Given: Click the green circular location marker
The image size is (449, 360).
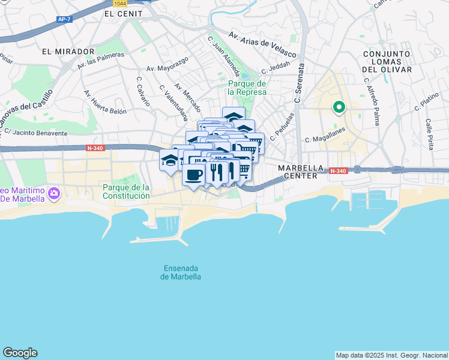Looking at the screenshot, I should point(339,108).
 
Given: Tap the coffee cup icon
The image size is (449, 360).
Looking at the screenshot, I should point(193,175).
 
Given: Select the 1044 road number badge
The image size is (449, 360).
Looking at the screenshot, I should point(120,3).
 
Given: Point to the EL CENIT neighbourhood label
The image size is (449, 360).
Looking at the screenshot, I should point(123,13).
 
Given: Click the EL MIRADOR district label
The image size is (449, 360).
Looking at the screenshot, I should point(68,52).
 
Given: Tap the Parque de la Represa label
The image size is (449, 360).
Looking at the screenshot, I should point(247,88).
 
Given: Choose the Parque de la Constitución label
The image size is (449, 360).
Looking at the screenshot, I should point(125,191).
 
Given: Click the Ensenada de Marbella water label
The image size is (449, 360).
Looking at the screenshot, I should point(181,272).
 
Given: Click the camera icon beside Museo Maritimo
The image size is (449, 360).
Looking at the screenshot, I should point(55,194).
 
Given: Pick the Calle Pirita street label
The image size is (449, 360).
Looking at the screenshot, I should point(429,134).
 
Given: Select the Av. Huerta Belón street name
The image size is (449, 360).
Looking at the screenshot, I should point(105,102).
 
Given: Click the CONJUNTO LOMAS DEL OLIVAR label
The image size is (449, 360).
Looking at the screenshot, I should point(387,62).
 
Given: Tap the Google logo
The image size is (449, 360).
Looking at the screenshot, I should point(20,353).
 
